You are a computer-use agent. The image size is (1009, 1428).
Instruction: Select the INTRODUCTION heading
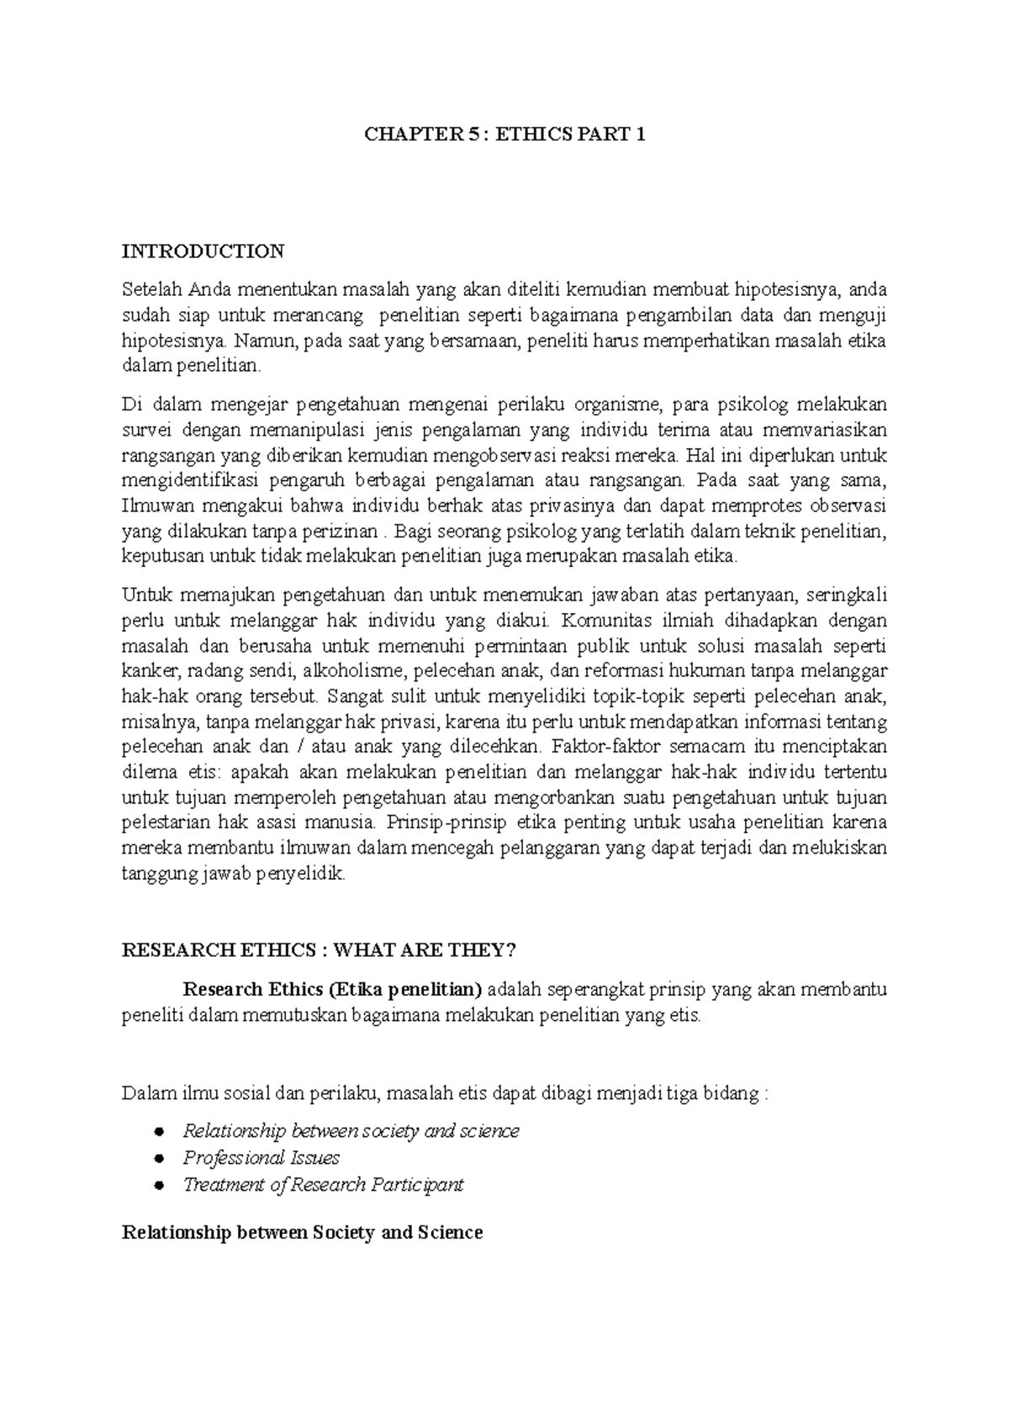[x=203, y=251]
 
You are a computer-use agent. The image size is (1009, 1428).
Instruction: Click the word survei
[x=145, y=431]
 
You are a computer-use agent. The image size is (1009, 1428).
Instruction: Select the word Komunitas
[x=608, y=621]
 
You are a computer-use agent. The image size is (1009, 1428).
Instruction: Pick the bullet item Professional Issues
[x=261, y=1158]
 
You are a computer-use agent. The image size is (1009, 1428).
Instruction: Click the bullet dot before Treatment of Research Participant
[x=158, y=1186]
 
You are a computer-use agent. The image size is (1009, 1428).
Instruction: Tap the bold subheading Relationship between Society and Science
[x=303, y=1233]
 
